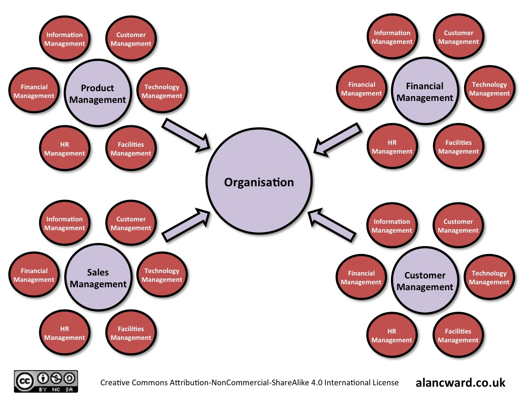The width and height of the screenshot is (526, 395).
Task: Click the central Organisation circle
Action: pos(259,182)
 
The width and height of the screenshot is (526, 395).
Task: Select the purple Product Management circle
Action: pos(97,94)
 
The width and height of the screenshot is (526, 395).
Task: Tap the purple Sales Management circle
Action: pos(97,278)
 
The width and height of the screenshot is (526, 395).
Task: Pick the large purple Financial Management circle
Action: pos(425,92)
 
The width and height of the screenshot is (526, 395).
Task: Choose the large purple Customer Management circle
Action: pos(425,281)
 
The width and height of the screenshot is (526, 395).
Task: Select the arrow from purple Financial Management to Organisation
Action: pos(338,140)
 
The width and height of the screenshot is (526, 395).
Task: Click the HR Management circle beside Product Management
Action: pos(64,149)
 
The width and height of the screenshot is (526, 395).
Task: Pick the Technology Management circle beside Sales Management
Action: pos(162,275)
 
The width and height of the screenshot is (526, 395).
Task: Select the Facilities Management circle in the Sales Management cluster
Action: pos(131,333)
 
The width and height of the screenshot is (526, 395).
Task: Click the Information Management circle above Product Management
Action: pos(64,39)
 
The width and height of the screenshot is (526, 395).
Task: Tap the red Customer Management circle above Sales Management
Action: pos(131,223)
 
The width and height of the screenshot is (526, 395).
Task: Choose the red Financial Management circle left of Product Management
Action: pos(34,91)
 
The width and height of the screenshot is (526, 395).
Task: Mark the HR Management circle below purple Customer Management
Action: pos(392,336)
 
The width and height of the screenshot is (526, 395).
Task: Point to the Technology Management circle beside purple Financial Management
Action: pos(489,89)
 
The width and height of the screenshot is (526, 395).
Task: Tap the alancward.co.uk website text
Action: pos(460,382)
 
